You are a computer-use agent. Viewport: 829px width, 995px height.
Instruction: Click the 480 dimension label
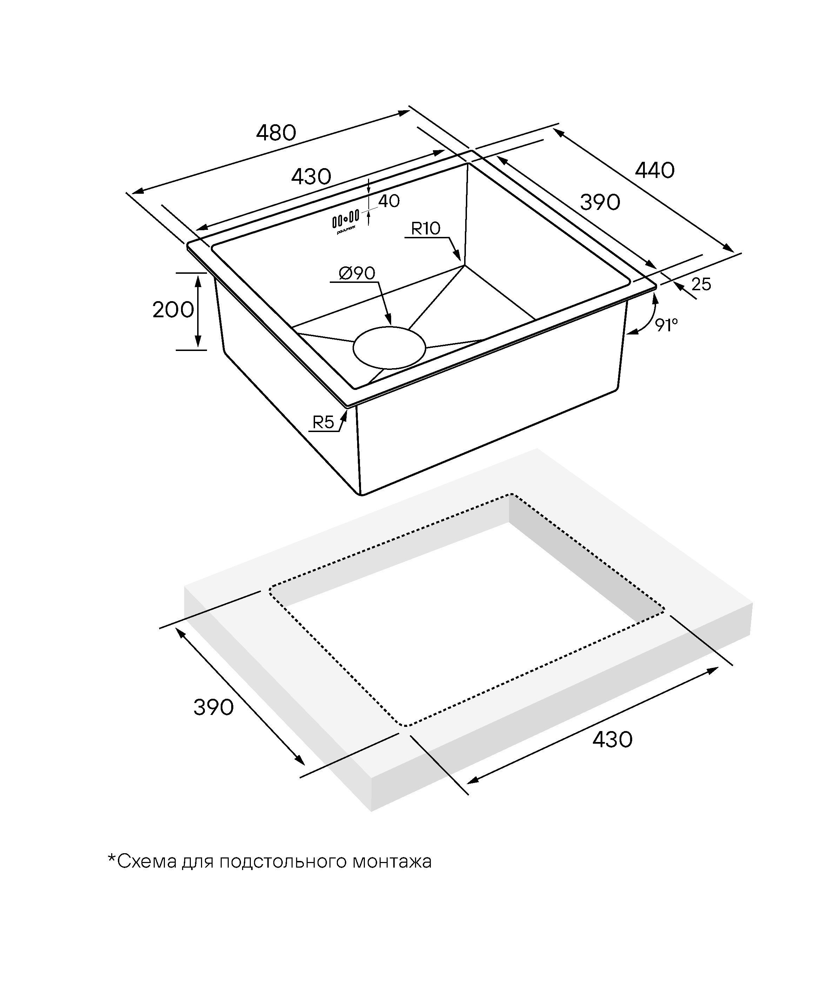click(x=276, y=133)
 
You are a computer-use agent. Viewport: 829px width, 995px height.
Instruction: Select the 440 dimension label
click(x=655, y=171)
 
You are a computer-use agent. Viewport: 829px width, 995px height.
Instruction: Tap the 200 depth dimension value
click(x=173, y=310)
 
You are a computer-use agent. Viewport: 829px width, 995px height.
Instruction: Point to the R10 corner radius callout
click(x=426, y=228)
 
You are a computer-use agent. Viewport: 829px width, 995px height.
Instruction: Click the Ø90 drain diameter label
click(x=357, y=273)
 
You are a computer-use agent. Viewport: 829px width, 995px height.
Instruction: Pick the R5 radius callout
click(x=323, y=422)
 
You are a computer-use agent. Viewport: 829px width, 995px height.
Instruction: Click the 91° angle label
click(x=667, y=325)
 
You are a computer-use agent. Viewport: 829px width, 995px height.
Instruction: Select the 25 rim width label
click(x=701, y=284)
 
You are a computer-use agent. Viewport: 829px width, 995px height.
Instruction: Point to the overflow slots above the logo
click(x=345, y=219)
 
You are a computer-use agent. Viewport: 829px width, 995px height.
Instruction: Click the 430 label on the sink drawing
click(x=311, y=177)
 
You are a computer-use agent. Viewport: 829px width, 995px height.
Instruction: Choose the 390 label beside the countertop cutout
click(x=214, y=708)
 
